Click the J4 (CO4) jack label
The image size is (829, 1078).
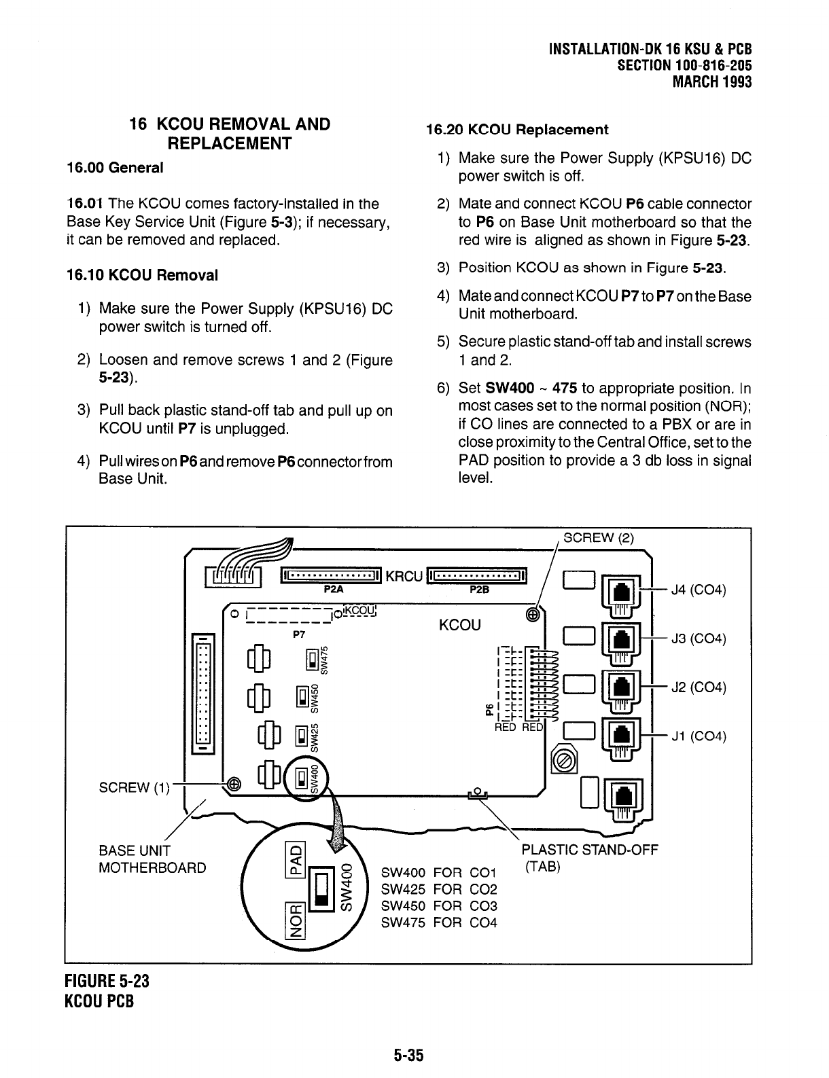(699, 589)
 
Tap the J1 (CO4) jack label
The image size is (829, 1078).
(699, 736)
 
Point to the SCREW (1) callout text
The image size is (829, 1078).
(133, 787)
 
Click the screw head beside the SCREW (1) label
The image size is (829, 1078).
(233, 783)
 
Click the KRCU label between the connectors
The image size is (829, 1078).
(404, 577)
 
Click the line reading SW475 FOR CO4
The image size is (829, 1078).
(439, 922)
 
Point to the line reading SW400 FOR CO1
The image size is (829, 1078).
(439, 873)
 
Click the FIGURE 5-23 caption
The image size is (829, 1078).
(107, 982)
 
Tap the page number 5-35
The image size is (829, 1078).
(408, 1055)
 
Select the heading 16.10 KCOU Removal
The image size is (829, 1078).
(142, 275)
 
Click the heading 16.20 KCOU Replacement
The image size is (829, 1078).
(516, 129)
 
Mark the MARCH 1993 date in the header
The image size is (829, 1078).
(711, 82)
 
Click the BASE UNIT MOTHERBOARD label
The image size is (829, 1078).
(152, 859)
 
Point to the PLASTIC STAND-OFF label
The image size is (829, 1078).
(589, 850)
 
